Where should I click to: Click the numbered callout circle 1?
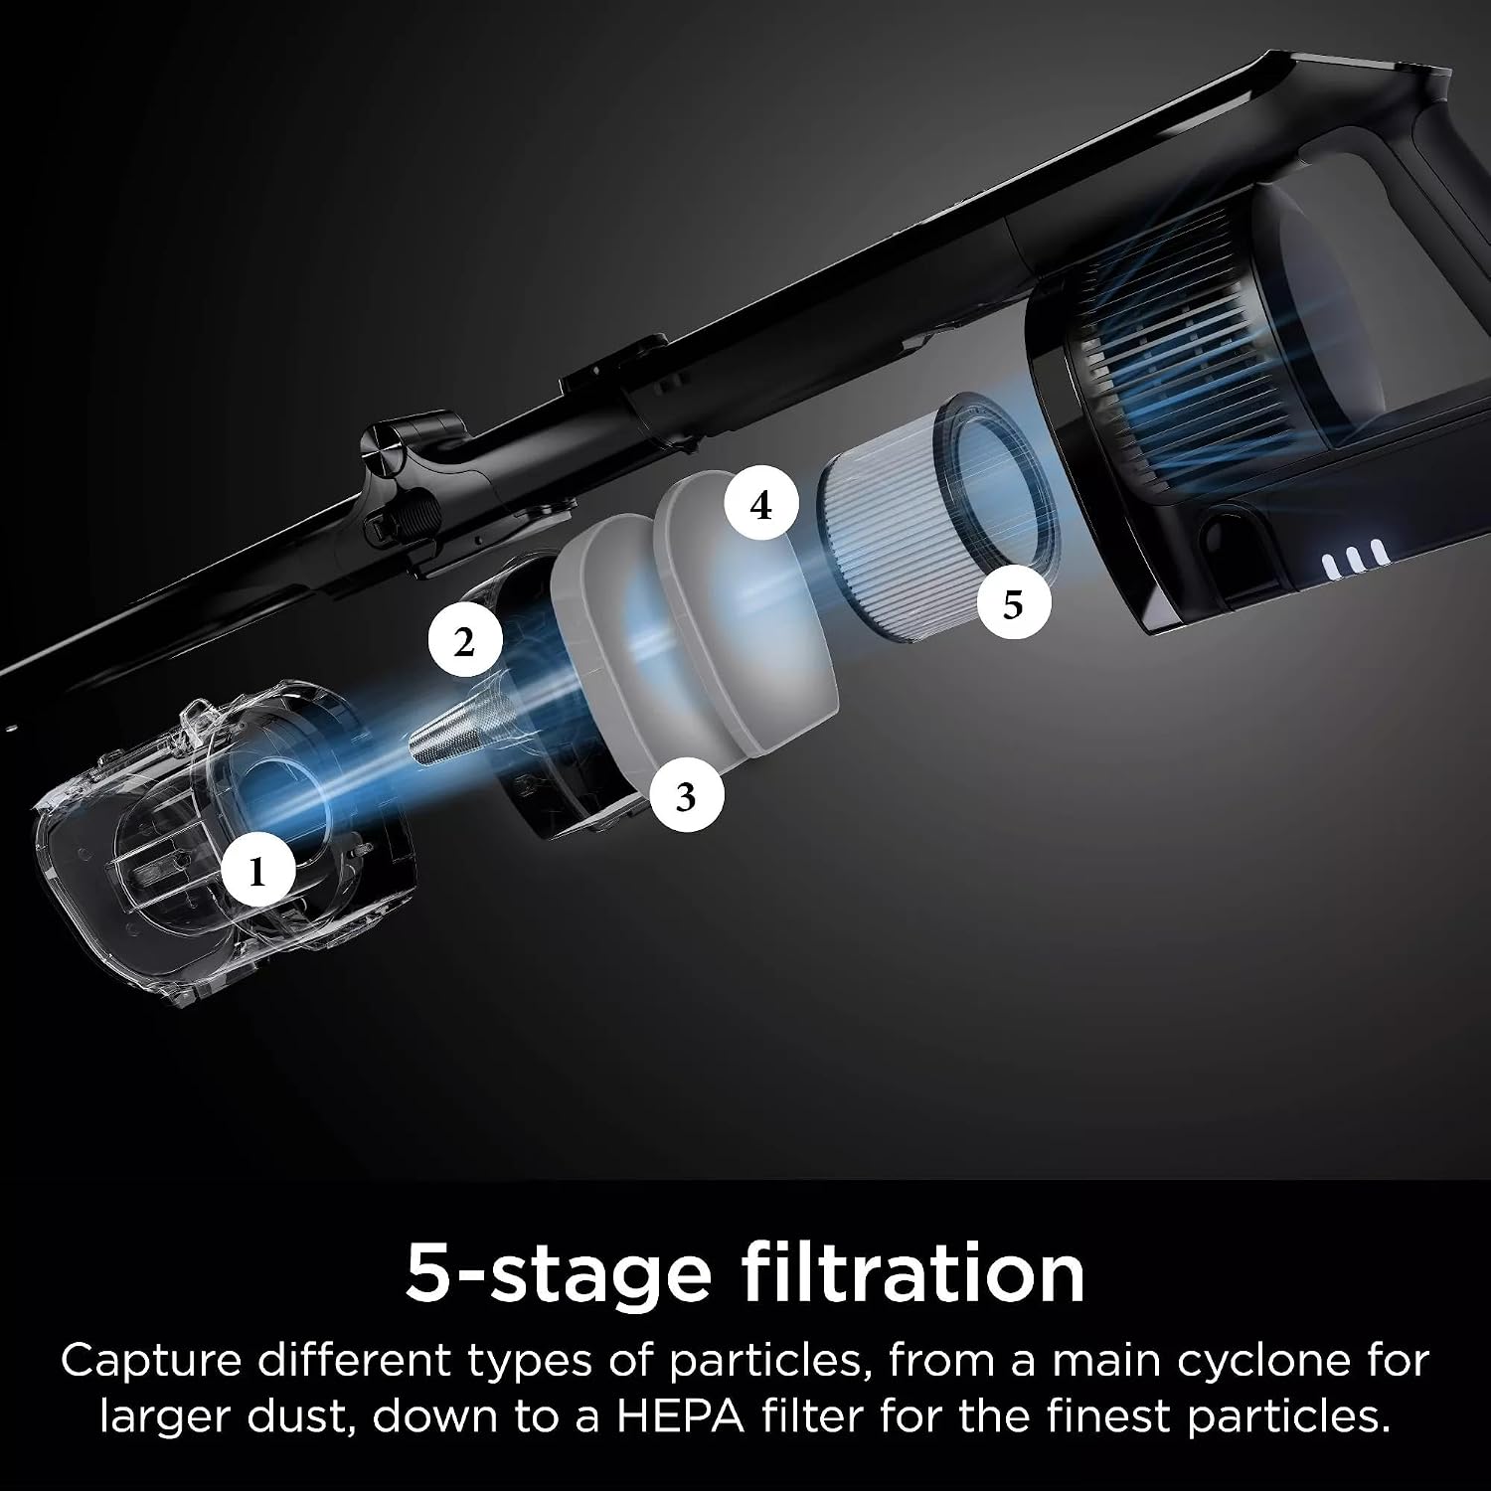[x=258, y=874]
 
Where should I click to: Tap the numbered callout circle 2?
[x=465, y=643]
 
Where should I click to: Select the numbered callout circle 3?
[x=686, y=796]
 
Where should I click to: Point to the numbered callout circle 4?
[x=761, y=506]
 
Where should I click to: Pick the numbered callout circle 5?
[x=1013, y=603]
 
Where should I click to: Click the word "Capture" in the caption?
[x=151, y=1360]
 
